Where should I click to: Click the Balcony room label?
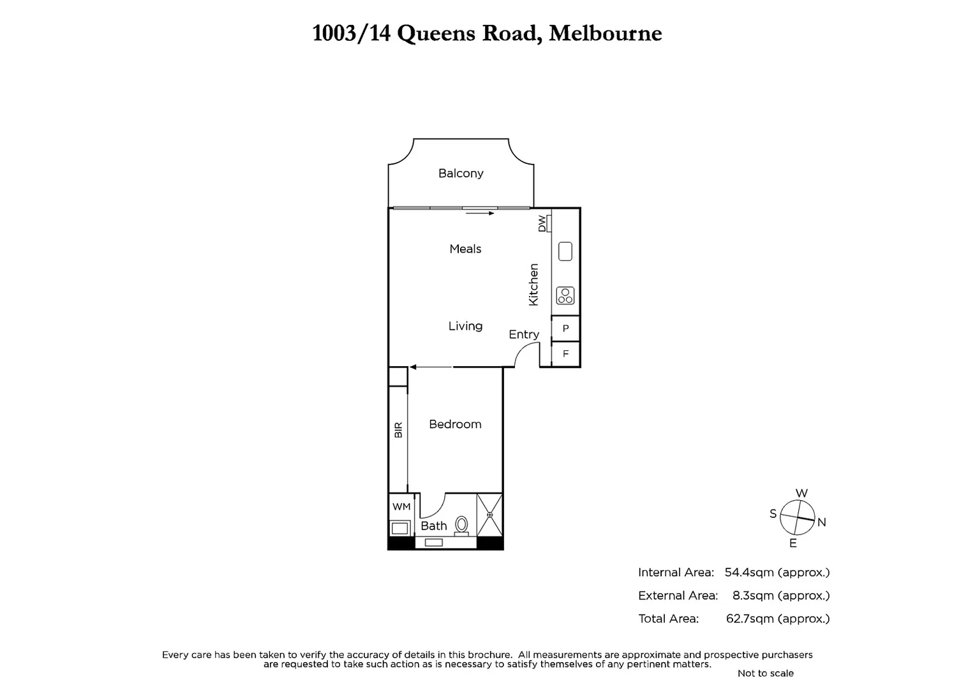460,174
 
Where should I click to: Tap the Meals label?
465,249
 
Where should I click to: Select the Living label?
465,326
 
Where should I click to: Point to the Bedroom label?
455,424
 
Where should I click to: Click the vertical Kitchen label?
534,285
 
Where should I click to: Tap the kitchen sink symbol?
565,251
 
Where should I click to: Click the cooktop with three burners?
565,295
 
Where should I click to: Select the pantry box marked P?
565,329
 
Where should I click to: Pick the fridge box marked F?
565,353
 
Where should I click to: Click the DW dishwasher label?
542,223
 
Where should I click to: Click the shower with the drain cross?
490,515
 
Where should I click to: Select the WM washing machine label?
401,507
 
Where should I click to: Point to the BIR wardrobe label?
398,429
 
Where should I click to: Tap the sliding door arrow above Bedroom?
431,367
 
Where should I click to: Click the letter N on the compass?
822,522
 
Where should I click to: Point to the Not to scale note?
765,673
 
